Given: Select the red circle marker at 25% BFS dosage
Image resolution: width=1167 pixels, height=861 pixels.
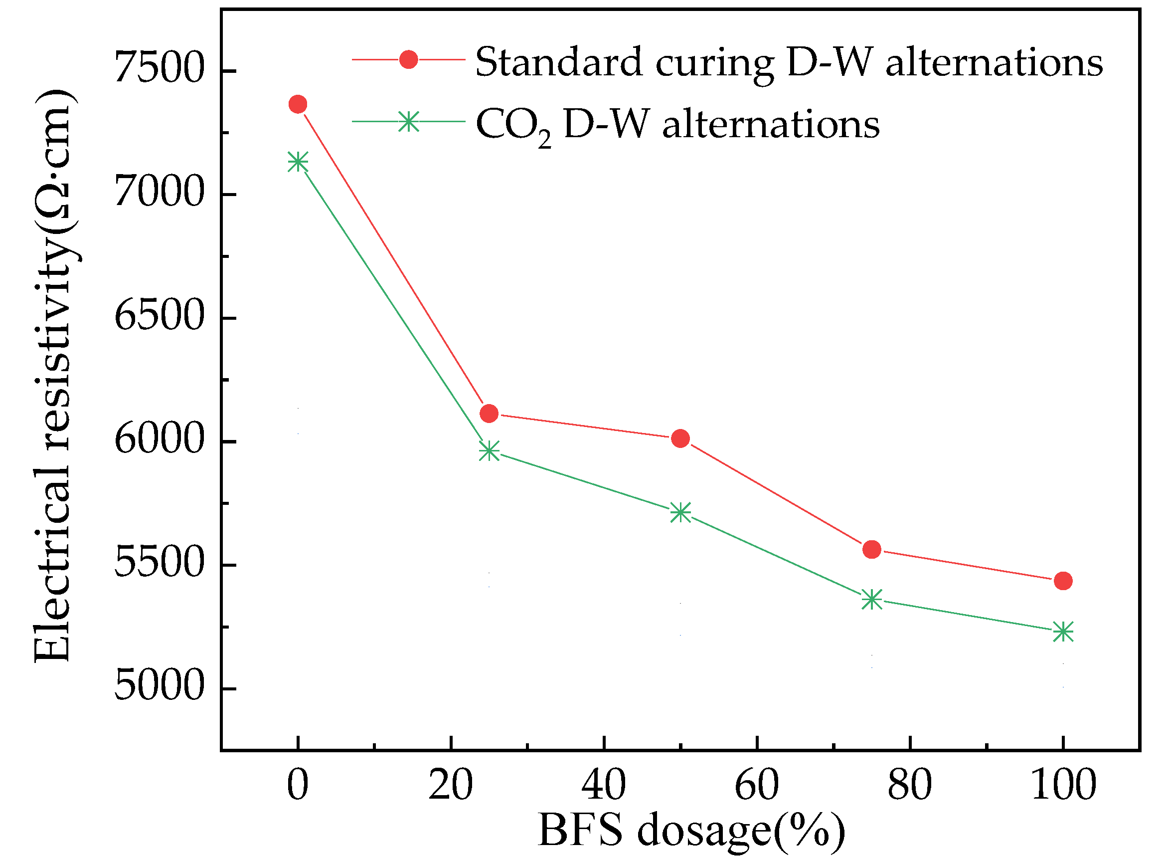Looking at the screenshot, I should click(489, 414).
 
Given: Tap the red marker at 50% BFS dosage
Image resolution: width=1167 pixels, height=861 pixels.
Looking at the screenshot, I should click(680, 439).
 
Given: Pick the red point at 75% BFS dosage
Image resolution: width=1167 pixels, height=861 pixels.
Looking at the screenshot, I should click(871, 549).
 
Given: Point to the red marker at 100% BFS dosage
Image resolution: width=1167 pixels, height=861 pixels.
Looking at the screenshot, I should click(1063, 581).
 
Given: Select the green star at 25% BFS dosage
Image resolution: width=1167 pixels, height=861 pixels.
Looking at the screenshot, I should click(489, 451).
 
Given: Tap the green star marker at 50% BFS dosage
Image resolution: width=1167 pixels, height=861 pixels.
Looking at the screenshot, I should click(680, 513).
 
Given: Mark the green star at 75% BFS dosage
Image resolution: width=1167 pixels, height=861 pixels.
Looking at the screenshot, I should click(871, 600).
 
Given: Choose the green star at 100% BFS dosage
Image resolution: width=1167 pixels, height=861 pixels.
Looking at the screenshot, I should click(1063, 632).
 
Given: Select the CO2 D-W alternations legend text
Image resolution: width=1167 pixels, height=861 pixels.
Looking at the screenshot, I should click(677, 125).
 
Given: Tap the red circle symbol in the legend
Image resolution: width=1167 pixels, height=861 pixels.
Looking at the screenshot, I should click(408, 59).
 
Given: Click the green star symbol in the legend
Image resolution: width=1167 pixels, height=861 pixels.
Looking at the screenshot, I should click(408, 121).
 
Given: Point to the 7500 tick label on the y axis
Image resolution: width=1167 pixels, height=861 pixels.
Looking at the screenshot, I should click(159, 68).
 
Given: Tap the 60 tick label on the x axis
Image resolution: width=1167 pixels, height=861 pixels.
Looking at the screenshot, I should click(756, 786).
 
